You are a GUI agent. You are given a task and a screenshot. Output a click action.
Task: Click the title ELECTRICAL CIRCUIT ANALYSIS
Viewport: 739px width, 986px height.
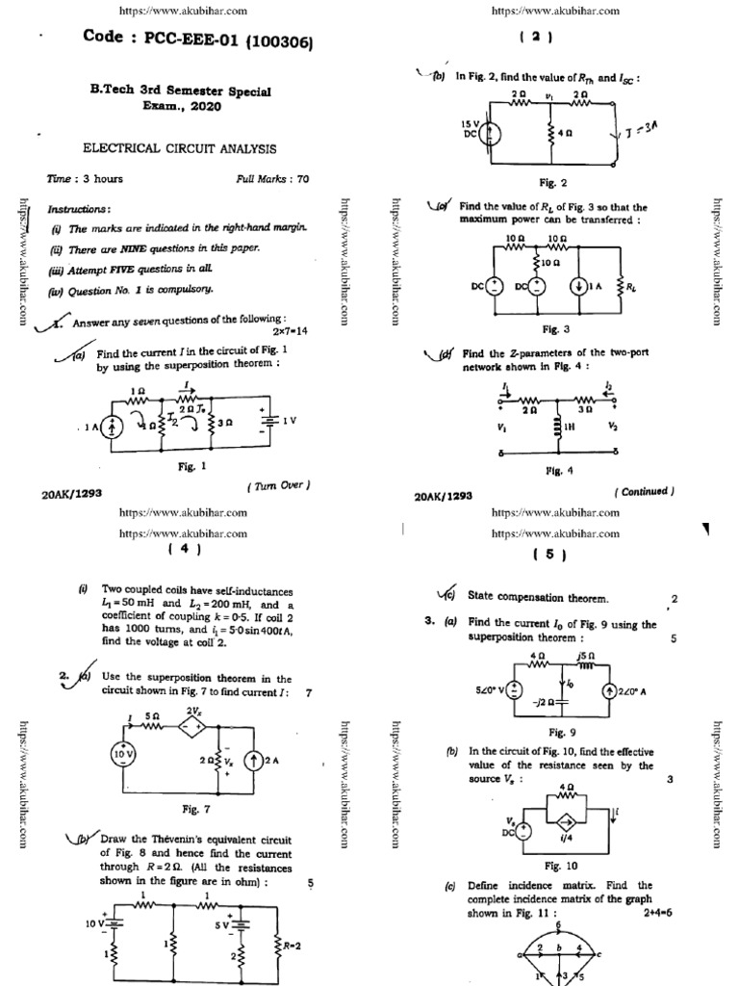179,148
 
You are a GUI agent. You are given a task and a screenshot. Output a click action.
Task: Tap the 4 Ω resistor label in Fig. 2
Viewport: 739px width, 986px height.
568,135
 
